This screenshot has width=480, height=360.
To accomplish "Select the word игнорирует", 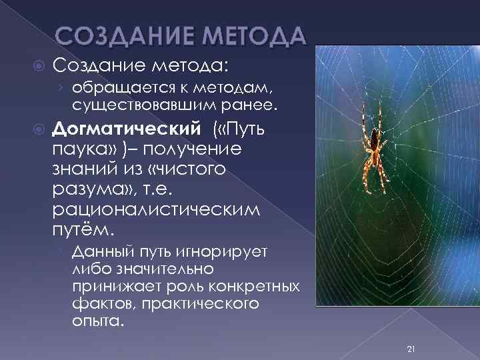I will coord(224,252).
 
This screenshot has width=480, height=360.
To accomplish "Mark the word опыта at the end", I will coord(97,321).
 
